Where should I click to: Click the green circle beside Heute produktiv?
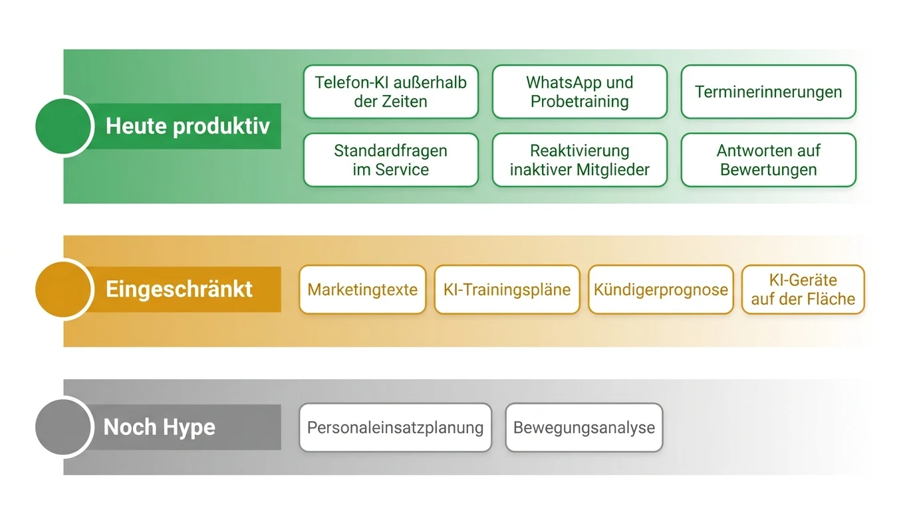[63, 126]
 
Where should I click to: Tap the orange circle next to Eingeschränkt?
[63, 290]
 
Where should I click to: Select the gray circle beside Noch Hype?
[63, 427]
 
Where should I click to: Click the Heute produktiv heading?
[188, 126]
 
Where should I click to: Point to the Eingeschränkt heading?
[179, 290]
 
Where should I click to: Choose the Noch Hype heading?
[160, 427]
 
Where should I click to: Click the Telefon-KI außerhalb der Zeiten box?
[391, 92]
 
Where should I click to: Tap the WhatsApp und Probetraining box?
[580, 92]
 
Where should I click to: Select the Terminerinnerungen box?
[768, 92]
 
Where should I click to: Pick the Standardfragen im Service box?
[391, 160]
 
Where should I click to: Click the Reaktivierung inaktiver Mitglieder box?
[580, 160]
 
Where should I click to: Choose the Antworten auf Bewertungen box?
[768, 160]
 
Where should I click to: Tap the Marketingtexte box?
[362, 290]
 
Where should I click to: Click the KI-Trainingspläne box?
[507, 290]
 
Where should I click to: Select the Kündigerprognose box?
[661, 290]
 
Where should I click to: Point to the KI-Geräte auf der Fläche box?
[803, 290]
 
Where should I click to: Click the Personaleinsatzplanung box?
[396, 428]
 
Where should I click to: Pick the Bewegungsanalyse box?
[584, 428]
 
